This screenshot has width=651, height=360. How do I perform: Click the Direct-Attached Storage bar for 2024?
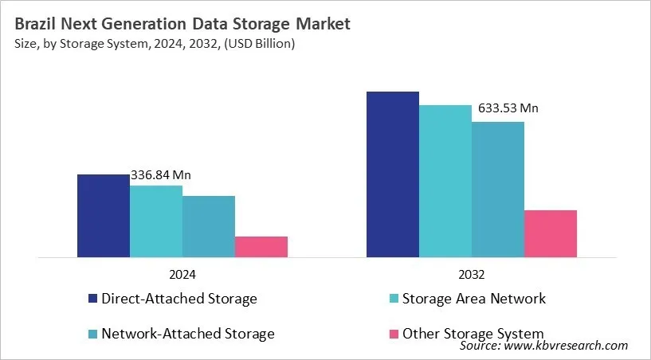pyautogui.click(x=103, y=216)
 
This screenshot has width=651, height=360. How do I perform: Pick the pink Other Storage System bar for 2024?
pyautogui.click(x=261, y=247)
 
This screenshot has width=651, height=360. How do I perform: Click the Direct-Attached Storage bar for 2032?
pyautogui.click(x=392, y=174)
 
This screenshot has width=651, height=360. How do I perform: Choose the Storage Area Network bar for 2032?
pyautogui.click(x=445, y=182)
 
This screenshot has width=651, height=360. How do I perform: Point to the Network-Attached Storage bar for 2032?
pyautogui.click(x=497, y=190)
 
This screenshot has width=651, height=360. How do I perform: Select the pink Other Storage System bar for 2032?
pyautogui.click(x=550, y=233)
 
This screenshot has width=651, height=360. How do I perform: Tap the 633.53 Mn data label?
pyautogui.click(x=508, y=108)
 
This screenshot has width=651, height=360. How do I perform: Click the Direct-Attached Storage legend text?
pyautogui.click(x=178, y=299)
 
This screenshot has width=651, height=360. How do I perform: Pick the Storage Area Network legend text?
pyautogui.click(x=473, y=299)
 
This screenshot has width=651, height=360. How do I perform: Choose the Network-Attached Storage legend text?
pyautogui.click(x=187, y=334)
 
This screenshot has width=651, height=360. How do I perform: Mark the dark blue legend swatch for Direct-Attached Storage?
pyautogui.click(x=92, y=299)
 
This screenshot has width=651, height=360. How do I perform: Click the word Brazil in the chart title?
pyautogui.click(x=36, y=25)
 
